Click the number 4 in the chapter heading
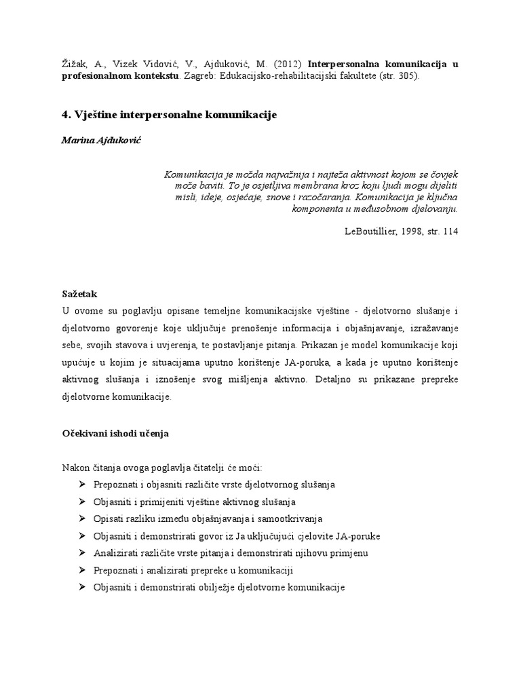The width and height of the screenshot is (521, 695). tap(65, 115)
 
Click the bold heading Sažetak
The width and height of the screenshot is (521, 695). tap(79, 295)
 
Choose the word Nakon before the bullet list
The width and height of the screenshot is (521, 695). tap(75, 468)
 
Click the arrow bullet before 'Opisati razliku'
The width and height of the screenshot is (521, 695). tap(82, 519)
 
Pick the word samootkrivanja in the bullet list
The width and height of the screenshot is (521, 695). tap(292, 519)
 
